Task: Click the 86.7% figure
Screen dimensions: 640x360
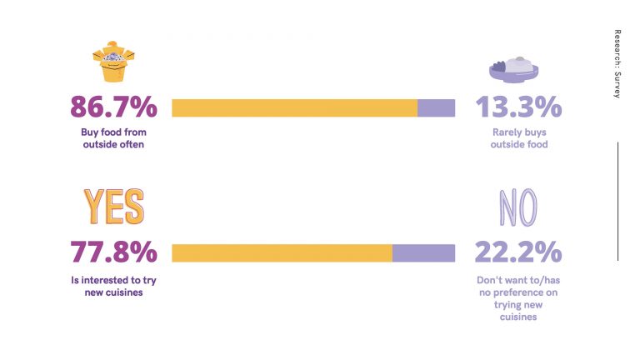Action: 113,107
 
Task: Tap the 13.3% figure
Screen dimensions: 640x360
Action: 519,107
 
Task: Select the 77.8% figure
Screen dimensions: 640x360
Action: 113,252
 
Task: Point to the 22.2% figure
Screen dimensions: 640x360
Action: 518,252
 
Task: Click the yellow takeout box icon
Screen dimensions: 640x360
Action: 113,62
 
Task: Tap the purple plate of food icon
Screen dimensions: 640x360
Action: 514,70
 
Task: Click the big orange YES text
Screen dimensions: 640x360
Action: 114,207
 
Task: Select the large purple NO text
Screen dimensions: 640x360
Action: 518,207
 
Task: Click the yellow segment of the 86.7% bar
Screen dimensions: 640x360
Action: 295,108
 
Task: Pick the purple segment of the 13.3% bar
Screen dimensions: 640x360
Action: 437,108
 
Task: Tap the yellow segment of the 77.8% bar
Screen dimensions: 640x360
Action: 282,253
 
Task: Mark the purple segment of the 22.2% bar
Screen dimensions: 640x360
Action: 423,253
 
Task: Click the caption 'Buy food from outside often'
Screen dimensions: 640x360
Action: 113,138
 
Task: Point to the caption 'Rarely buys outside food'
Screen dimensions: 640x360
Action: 519,138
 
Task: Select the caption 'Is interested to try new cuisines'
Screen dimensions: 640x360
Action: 113,286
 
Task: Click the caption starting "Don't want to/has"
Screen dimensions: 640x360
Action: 518,298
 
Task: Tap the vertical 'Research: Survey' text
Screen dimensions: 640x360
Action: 617,63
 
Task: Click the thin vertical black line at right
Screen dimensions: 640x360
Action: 618,201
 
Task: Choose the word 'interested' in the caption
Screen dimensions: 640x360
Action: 105,280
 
